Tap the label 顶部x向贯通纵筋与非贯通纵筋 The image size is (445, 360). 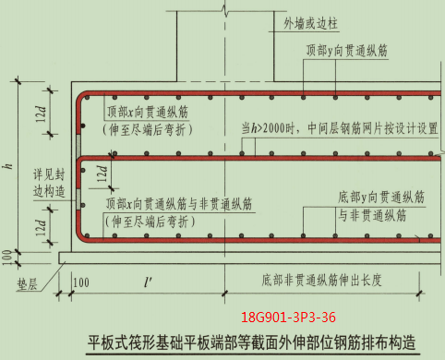pyautogui.click(x=178, y=203)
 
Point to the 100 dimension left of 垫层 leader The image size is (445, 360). pyautogui.click(x=7, y=254)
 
